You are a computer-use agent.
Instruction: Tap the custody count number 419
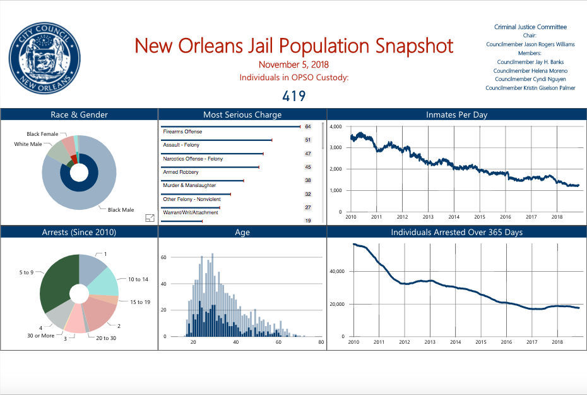coord(293,96)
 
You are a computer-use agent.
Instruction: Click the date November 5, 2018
coord(293,64)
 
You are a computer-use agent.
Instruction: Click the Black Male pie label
coord(120,209)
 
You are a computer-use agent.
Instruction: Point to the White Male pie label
coord(29,145)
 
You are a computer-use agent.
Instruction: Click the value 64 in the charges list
coord(308,127)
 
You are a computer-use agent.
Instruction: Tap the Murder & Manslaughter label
coord(189,185)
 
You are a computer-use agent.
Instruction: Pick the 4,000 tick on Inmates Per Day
coord(336,127)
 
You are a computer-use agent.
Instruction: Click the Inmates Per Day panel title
coord(456,114)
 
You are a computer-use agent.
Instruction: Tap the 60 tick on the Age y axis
coord(163,258)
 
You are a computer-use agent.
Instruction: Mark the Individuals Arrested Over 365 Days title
coord(456,232)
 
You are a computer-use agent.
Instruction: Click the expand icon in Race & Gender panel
coord(150,218)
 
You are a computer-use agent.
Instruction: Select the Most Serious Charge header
coord(242,114)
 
